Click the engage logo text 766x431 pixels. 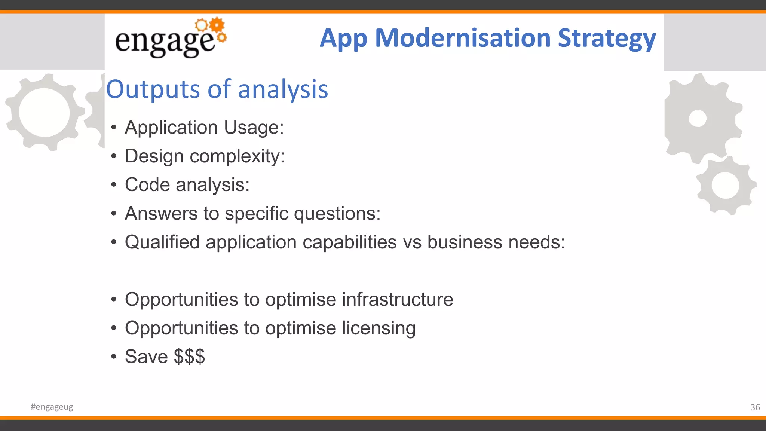coord(165,42)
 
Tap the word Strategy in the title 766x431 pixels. coord(606,38)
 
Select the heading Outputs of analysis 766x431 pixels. coord(217,89)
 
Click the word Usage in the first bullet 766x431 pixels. coord(254,128)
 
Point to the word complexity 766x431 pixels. coord(237,156)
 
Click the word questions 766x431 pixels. coord(337,214)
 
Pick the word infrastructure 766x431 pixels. coord(397,299)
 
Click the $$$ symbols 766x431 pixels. coord(189,357)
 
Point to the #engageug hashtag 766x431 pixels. coord(52,407)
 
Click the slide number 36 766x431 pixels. coord(755,407)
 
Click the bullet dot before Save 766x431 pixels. coord(114,357)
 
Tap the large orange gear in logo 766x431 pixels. coord(217,25)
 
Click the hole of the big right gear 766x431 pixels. coord(698,119)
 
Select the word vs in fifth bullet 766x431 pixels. coord(412,242)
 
